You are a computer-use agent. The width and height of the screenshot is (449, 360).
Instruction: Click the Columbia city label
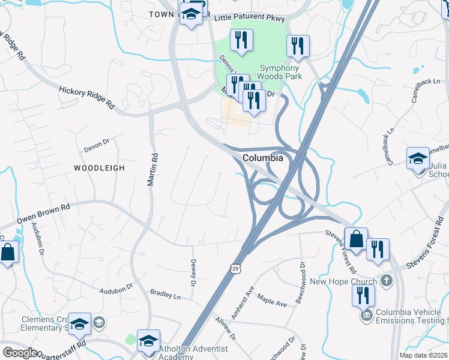click(263, 158)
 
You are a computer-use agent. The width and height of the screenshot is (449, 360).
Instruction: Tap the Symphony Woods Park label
click(280, 73)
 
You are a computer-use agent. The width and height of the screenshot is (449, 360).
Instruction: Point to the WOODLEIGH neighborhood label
click(100, 168)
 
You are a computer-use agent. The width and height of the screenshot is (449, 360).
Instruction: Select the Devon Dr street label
click(95, 145)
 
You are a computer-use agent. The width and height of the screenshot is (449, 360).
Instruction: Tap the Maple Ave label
click(273, 299)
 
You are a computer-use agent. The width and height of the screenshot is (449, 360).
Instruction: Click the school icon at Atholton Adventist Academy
click(148, 340)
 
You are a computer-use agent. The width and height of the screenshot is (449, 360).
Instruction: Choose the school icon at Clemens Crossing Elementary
click(79, 324)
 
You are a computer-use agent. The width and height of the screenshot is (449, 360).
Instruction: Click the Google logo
click(19, 353)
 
